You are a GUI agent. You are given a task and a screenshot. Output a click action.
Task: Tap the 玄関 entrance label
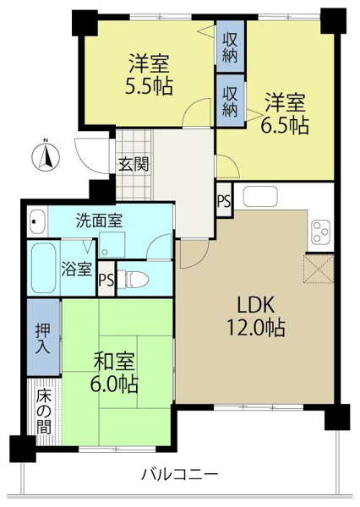click(133, 164)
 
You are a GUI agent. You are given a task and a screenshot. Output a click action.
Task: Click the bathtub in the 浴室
click(42, 268)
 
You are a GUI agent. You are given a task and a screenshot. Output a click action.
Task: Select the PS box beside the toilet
click(106, 279)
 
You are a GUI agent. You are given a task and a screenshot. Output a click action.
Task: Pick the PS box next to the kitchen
click(224, 200)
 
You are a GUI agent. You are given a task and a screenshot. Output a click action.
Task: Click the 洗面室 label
click(99, 221)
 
